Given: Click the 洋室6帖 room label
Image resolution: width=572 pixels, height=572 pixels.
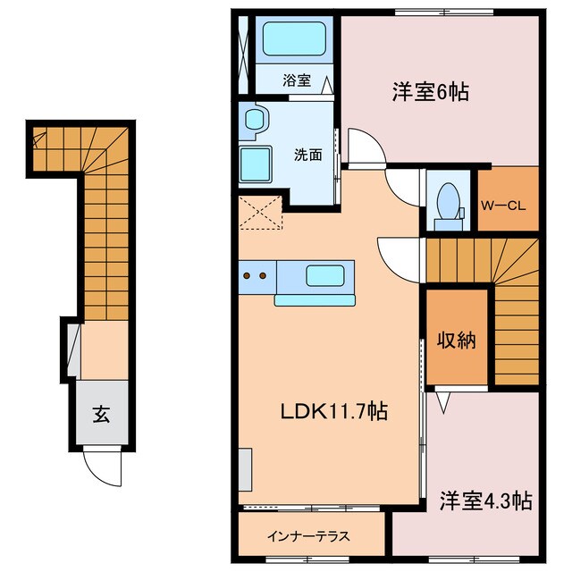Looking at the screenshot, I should click(x=430, y=91).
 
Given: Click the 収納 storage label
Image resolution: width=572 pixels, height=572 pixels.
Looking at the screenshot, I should click(x=455, y=341).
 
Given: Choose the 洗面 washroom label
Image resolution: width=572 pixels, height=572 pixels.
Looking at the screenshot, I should click(x=308, y=153).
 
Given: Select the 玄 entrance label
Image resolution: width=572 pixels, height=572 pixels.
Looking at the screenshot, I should click(x=102, y=414).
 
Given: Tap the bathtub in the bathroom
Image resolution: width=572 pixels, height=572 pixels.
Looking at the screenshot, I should click(x=296, y=41).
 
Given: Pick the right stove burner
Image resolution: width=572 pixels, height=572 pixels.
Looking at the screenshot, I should click(x=264, y=276).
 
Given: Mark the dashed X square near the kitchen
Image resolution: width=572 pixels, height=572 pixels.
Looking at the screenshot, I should click(x=260, y=214).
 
